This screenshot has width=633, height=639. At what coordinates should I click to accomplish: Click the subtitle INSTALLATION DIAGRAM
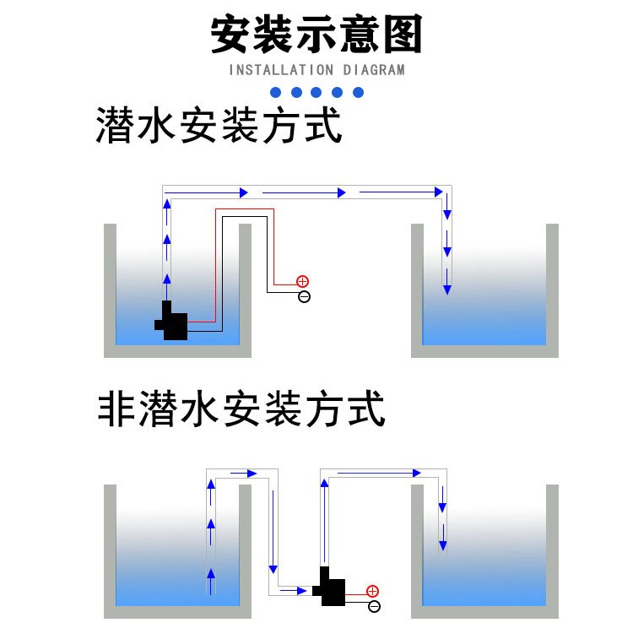[x=316, y=70]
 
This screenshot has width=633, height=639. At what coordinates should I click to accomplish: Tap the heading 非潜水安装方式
[x=241, y=409]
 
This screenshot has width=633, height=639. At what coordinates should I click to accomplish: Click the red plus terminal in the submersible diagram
[x=302, y=281]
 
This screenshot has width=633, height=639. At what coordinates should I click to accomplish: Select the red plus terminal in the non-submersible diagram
[x=372, y=591]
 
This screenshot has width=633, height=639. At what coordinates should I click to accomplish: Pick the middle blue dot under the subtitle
[x=316, y=92]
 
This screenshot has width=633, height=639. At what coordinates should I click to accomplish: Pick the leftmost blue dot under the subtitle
[x=275, y=92]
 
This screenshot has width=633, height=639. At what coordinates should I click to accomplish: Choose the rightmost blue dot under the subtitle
[x=358, y=92]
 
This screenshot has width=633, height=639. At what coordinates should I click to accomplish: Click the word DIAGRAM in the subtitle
[x=373, y=70]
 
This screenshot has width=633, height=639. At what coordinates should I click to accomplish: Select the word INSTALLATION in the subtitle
[x=281, y=70]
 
